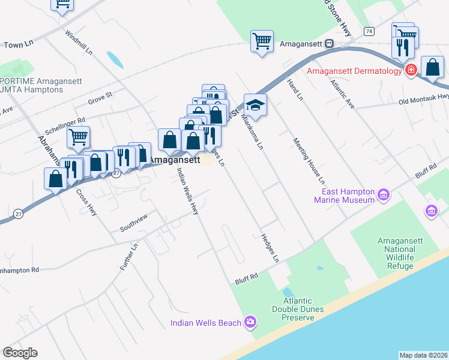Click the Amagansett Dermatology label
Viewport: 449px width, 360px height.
click(354, 71)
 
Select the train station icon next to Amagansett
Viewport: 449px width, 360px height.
click(329, 44)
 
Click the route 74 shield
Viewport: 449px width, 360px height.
click(369, 31)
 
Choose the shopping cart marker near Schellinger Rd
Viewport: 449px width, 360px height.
click(78, 137)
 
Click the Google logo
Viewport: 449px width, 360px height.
click(20, 352)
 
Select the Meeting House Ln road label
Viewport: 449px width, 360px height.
click(309, 160)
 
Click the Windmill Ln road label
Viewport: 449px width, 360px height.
click(80, 43)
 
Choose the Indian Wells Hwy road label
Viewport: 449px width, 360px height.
click(187, 191)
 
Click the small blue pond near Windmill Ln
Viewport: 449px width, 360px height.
click(114, 59)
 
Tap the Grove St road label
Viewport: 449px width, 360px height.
click(100, 95)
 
